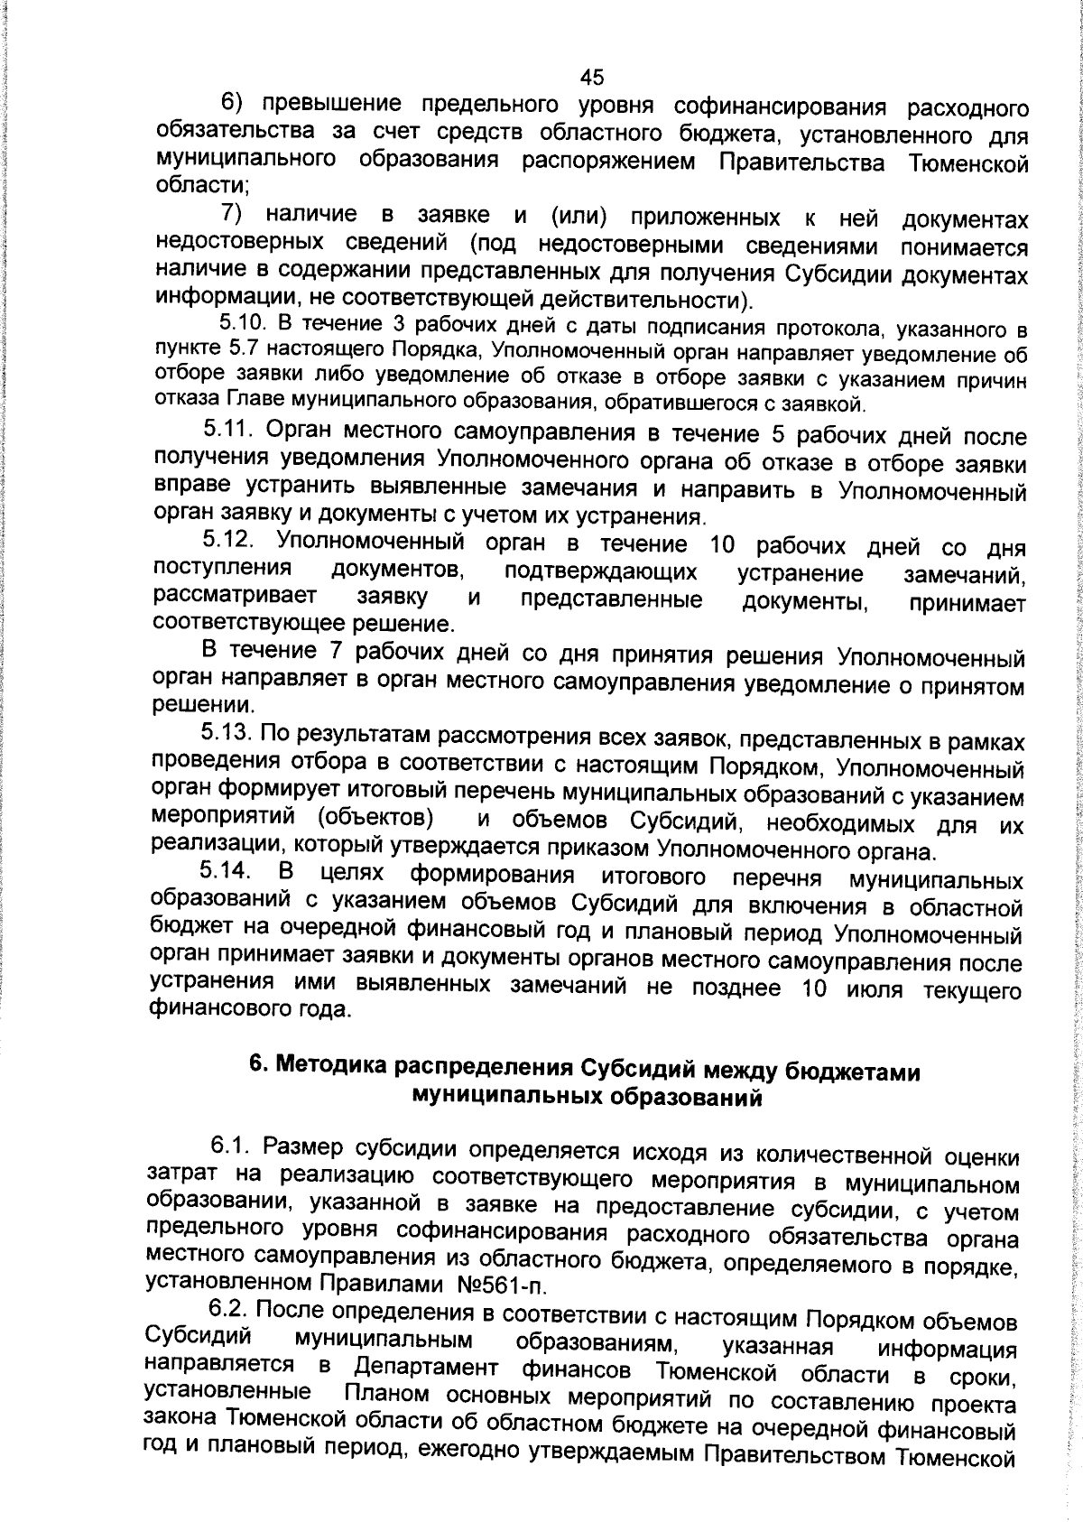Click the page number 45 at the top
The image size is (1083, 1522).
point(592,76)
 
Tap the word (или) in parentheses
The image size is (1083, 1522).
point(577,216)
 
